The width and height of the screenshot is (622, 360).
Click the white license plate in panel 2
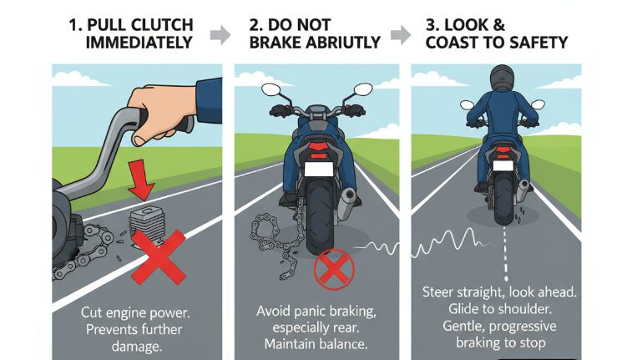pos(317,170)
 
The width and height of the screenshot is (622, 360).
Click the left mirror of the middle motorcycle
pos(269,88)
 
